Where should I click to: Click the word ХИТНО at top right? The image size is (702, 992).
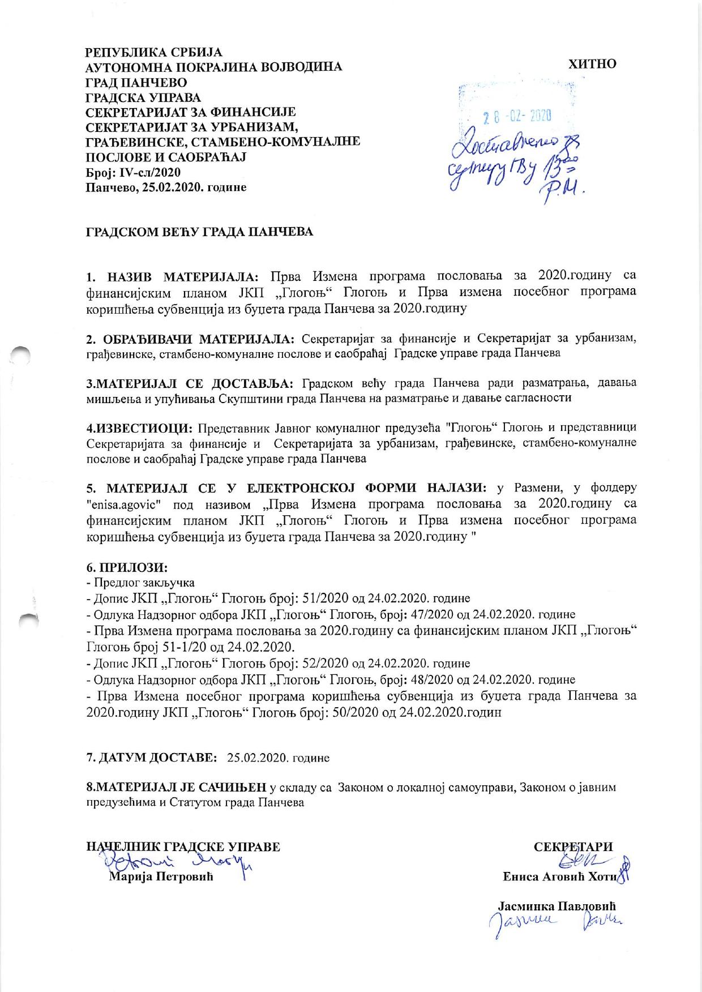click(592, 64)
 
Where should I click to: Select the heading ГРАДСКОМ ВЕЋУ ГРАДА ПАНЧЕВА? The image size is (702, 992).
click(199, 233)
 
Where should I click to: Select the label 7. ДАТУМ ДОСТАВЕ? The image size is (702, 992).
click(151, 757)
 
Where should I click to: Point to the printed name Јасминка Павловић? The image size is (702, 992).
click(557, 905)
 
